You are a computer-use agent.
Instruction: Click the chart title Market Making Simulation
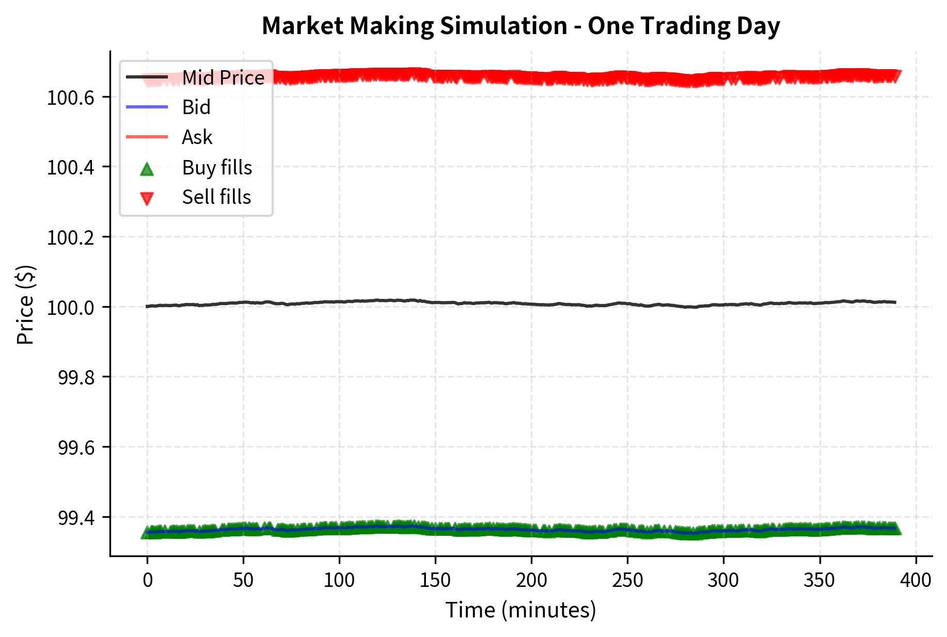click(520, 26)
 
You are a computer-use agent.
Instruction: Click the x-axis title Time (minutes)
click(520, 610)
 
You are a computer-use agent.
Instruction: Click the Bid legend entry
click(196, 107)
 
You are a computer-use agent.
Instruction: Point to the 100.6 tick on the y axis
click(71, 98)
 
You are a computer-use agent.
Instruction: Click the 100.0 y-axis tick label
click(71, 308)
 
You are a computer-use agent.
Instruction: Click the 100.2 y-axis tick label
click(71, 238)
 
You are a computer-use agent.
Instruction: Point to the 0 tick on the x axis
click(148, 580)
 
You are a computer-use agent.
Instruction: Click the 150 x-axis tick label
click(435, 580)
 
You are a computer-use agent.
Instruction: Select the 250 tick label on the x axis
click(627, 580)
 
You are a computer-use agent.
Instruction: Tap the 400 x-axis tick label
click(916, 580)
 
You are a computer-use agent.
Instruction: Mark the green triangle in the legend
click(147, 169)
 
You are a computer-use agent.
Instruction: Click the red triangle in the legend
click(147, 198)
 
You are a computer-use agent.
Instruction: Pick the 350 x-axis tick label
click(819, 580)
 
